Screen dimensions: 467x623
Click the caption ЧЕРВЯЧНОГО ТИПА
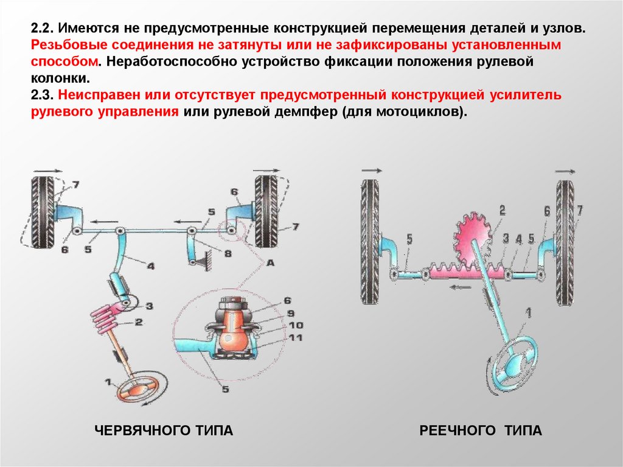point(164,431)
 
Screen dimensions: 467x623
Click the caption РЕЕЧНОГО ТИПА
point(480,431)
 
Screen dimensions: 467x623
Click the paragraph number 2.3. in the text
point(41,96)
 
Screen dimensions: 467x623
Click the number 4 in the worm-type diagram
point(150,265)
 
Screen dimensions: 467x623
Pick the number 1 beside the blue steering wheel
point(528,313)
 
